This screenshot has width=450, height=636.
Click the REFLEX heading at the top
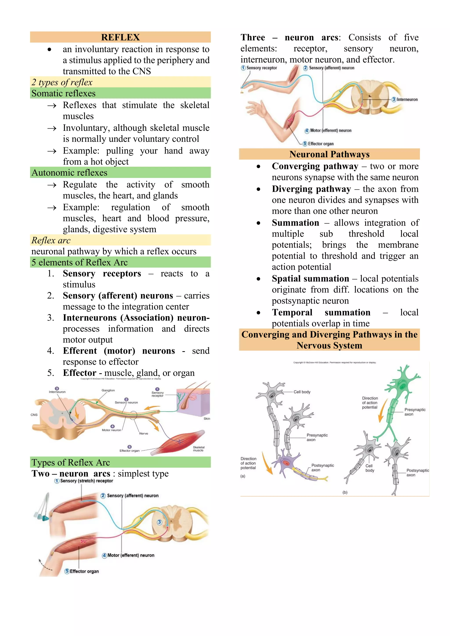click(x=120, y=37)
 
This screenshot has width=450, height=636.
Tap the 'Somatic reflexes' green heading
click(x=64, y=93)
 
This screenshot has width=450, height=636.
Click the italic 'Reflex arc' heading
click(x=51, y=240)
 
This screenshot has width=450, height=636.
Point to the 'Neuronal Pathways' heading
click(x=329, y=154)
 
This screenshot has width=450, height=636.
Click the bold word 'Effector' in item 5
click(x=80, y=373)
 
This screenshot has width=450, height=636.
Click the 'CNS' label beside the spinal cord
click(x=34, y=415)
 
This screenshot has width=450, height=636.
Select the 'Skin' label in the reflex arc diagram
click(x=207, y=419)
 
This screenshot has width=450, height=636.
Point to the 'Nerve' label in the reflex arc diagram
click(x=143, y=433)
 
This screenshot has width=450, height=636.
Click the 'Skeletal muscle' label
click(x=198, y=448)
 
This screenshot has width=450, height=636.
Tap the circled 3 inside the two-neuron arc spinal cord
click(x=159, y=522)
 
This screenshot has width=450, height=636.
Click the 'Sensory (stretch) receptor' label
click(x=86, y=481)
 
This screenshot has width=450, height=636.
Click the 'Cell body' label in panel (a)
click(x=302, y=392)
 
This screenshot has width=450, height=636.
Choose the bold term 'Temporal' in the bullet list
click(x=292, y=312)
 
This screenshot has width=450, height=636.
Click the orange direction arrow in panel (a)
click(x=267, y=466)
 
